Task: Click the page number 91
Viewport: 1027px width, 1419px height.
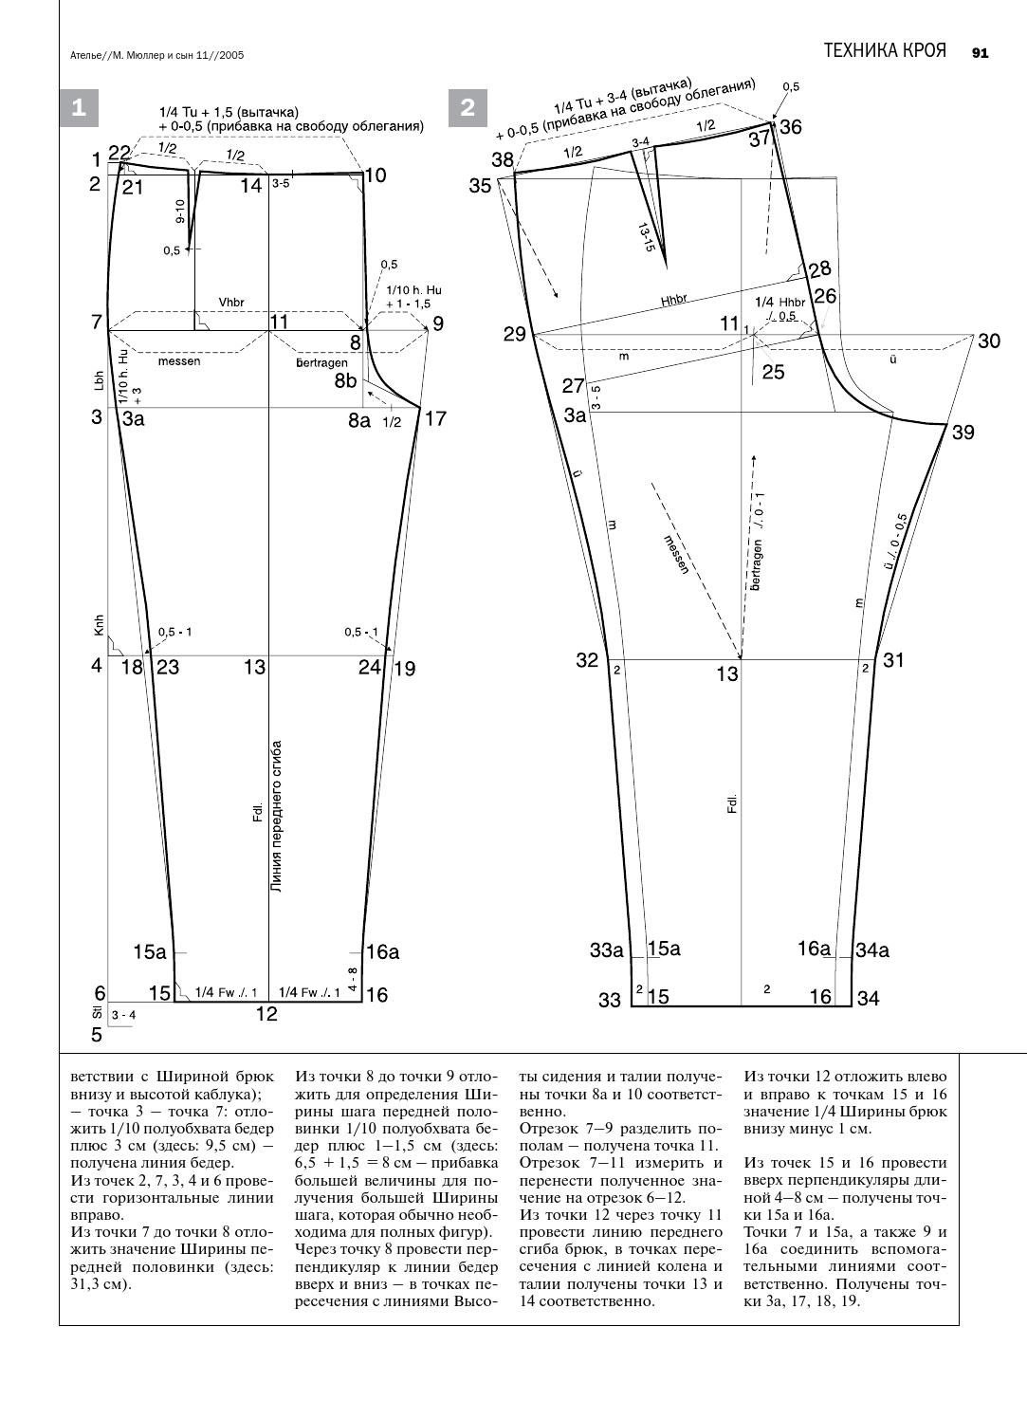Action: [x=980, y=53]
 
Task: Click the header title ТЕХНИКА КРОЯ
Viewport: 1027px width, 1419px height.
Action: [x=884, y=51]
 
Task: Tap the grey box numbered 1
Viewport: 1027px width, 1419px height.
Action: [x=79, y=108]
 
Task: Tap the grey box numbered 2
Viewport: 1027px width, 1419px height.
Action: [x=468, y=108]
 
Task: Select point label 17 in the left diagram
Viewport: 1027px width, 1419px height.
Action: [x=435, y=417]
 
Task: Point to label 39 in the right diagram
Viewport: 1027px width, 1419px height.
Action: [x=963, y=433]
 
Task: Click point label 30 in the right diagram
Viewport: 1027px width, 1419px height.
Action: [x=988, y=341]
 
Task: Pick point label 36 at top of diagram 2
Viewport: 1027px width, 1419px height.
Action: [x=790, y=127]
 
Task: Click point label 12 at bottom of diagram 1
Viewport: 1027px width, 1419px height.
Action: [x=266, y=1014]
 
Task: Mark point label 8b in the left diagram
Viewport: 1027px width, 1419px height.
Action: [x=345, y=380]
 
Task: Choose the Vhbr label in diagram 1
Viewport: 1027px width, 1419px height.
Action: [x=231, y=303]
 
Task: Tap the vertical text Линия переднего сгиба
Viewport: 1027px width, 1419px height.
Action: [x=277, y=817]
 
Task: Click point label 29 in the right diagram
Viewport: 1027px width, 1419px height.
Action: [x=514, y=334]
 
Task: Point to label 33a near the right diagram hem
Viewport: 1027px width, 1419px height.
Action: [x=606, y=949]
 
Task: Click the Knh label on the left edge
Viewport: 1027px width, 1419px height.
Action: [x=98, y=625]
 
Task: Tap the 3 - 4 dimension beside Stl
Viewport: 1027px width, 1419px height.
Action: [x=124, y=1016]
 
